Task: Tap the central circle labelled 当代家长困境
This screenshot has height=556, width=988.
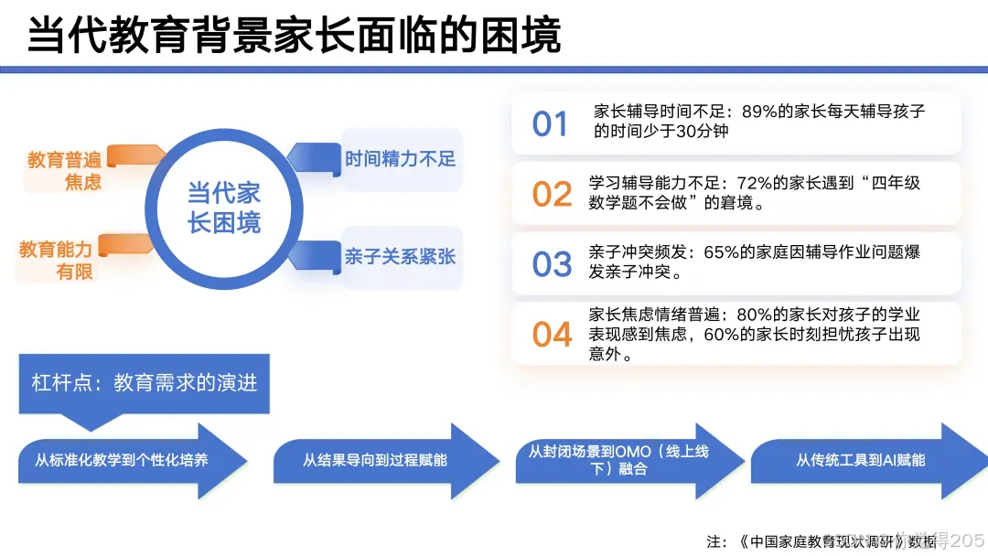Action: coord(224,208)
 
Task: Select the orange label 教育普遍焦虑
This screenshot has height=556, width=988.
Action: coord(64,171)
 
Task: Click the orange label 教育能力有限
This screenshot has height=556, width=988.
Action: coord(57,260)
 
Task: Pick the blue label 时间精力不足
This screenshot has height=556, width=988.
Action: coord(400,158)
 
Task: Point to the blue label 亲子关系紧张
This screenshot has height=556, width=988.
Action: coord(400,257)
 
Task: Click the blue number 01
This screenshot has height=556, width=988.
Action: coord(551,123)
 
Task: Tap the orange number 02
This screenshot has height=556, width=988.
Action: coord(552,194)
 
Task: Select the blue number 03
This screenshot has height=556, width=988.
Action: coord(552,264)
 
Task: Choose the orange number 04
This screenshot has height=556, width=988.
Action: coord(552,335)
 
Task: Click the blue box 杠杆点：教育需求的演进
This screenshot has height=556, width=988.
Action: coord(145,382)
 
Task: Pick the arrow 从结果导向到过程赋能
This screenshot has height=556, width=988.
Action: coord(375,460)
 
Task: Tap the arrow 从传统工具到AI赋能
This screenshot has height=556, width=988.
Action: coord(860,460)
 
